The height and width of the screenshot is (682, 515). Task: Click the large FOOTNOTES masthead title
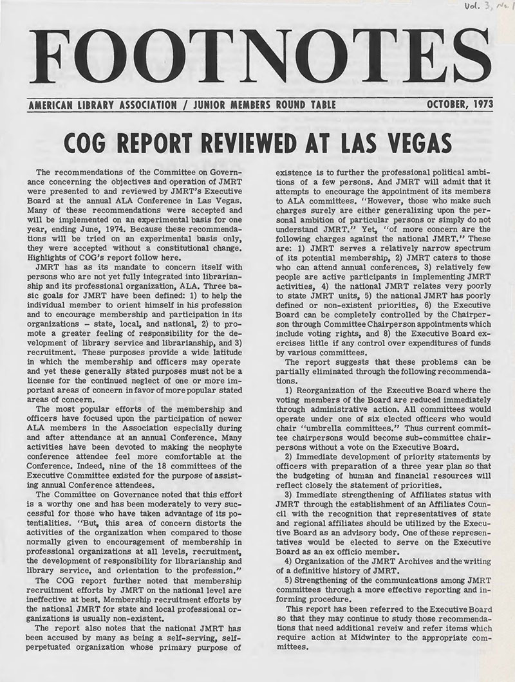point(257,59)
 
